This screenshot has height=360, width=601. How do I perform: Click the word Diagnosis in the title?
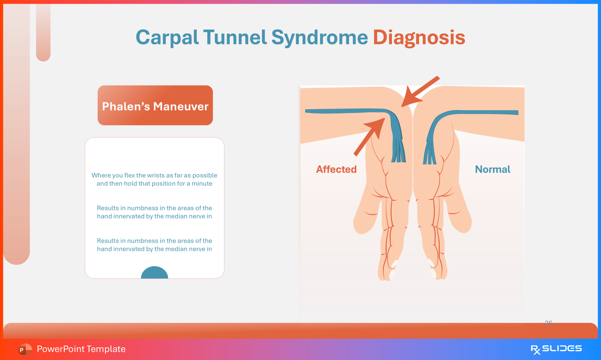[419, 37]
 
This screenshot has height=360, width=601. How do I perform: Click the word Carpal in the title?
[167, 37]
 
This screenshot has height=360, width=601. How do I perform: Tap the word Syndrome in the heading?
[319, 37]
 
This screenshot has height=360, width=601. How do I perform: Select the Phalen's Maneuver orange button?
[155, 106]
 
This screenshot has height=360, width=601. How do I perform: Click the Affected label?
[336, 169]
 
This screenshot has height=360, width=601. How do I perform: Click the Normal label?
[492, 169]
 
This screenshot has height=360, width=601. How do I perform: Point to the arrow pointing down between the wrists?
[418, 92]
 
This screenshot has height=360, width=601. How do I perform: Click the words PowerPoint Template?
[81, 349]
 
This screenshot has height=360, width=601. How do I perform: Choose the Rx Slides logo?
[556, 349]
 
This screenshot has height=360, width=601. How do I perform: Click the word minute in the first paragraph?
[202, 183]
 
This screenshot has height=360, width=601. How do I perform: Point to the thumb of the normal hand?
[461, 219]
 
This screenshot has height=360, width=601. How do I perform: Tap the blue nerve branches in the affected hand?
[399, 152]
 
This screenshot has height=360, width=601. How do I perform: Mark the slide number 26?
[548, 323]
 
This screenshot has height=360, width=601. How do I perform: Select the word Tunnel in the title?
[235, 37]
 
